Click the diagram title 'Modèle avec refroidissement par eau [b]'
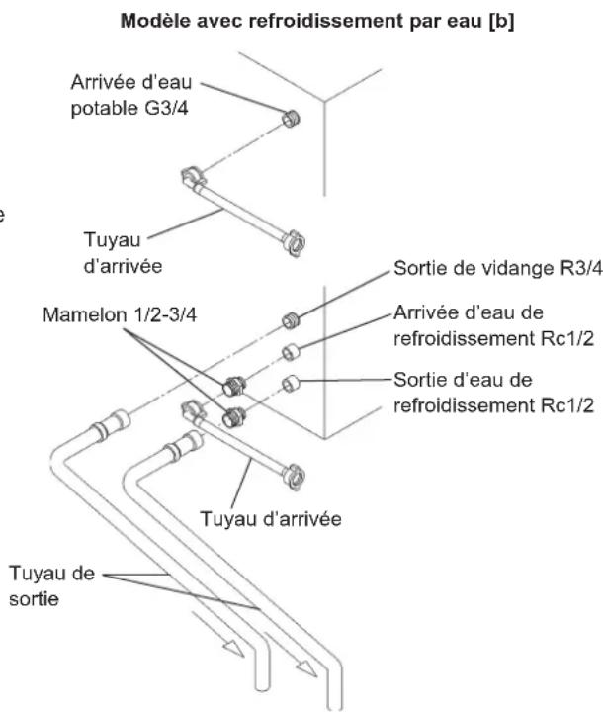[317, 21]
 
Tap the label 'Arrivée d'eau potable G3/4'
[131, 95]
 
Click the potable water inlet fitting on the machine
[291, 119]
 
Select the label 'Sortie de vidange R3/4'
[498, 268]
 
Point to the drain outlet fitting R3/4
[291, 321]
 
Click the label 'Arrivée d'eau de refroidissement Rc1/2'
[493, 325]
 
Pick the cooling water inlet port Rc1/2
[291, 352]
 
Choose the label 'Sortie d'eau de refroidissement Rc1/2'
[493, 393]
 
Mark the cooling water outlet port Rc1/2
[291, 384]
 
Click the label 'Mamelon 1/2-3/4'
[120, 314]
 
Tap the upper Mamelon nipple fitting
[234, 386]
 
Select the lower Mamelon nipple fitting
[234, 417]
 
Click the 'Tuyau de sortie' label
[51, 585]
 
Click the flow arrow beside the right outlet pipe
[291, 655]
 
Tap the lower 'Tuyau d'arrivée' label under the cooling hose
[271, 518]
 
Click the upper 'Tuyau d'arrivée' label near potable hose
[123, 252]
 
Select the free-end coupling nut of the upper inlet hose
[294, 243]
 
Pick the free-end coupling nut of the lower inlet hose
[294, 477]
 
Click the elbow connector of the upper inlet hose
[193, 176]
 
